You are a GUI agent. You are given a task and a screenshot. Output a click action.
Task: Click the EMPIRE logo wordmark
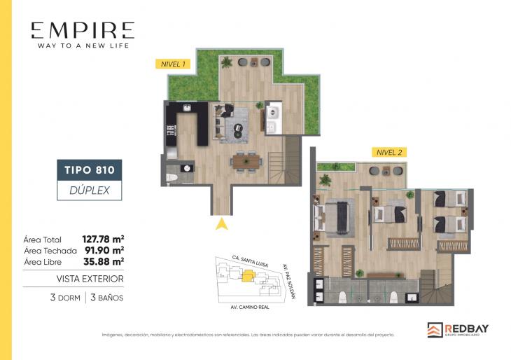[83, 30]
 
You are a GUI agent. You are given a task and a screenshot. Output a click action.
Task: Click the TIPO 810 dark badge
[89, 169]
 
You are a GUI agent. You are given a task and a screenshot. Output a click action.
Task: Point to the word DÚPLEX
[89, 189]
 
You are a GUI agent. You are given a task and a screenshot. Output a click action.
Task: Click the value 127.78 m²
[103, 239]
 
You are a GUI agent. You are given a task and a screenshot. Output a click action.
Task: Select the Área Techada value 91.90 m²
[103, 250]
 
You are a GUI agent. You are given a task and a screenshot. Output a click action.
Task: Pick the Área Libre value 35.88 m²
[103, 261]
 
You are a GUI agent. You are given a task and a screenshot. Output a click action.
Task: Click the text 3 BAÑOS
[106, 298]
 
